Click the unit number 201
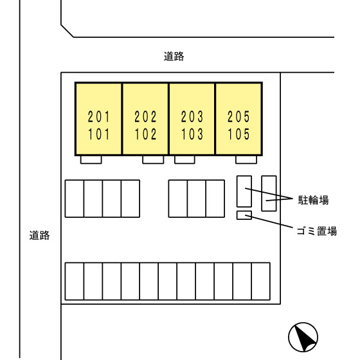[x=99, y=116]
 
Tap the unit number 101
[x=99, y=134]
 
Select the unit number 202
[x=145, y=116]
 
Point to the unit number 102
[x=145, y=134]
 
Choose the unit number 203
[x=192, y=116]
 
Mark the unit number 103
[x=192, y=134]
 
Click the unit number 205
[x=239, y=116]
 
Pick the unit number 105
[x=239, y=134]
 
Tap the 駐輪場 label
[x=314, y=200]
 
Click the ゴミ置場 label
[x=317, y=231]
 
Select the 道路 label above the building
[x=174, y=57]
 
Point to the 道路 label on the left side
[x=39, y=235]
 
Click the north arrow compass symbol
[x=303, y=337]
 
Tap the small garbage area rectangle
[x=244, y=215]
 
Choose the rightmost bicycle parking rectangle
[x=269, y=194]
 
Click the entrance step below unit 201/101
[x=91, y=159]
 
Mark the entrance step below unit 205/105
[x=246, y=159]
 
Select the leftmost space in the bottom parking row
[x=75, y=282]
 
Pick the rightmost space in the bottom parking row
[x=261, y=282]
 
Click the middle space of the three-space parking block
[x=197, y=199]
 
